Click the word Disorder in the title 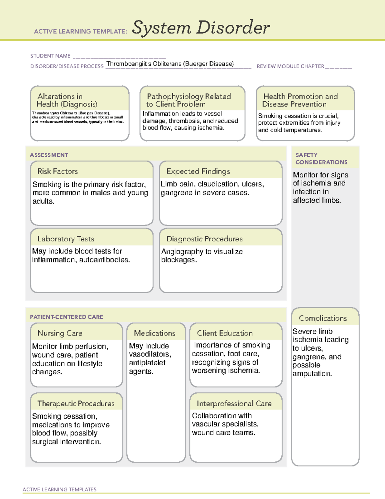pos(233,28)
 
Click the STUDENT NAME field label pos(50,56)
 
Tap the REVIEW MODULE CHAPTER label pos(290,67)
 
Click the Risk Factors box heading pos(57,171)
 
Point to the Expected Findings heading pos(198,171)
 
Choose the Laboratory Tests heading pos(65,239)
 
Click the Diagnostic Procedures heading pos(204,239)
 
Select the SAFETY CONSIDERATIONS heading pos(321,158)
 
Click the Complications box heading pos(323,318)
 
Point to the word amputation pos(312,374)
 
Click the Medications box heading pos(154,333)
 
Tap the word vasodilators pos(150,354)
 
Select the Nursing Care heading pos(60,333)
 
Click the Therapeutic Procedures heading pos(76,403)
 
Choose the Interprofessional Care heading pos(234,403)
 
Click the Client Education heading pos(225,333)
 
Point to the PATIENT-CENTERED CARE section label pos(66,317)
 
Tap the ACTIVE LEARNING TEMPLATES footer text pos(59,489)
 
